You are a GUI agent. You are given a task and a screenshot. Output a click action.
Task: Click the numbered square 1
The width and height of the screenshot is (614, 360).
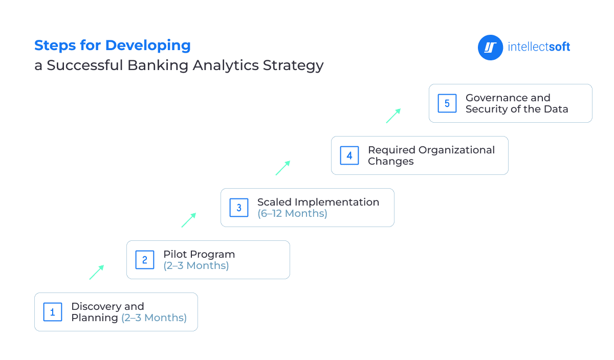53,312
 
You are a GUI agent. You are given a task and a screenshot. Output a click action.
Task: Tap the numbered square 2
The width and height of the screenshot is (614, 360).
145,260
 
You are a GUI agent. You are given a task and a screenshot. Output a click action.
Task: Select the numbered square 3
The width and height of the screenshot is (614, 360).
239,208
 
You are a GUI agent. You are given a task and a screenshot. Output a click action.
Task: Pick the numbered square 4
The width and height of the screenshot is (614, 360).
349,155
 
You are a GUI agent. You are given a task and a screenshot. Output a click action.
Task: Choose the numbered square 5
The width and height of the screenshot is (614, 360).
447,103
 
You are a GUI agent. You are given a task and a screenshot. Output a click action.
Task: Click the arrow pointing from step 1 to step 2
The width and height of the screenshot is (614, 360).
97,272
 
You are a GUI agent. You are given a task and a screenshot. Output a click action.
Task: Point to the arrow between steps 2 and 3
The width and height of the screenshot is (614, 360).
189,220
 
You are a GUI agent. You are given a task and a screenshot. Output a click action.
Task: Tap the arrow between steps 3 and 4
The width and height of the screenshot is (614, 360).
283,168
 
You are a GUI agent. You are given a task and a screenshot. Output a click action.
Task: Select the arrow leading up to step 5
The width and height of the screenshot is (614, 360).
393,116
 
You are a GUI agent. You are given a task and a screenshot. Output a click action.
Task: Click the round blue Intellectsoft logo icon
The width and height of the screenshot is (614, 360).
491,48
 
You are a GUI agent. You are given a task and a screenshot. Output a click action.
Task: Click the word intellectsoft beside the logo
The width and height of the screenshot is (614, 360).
539,47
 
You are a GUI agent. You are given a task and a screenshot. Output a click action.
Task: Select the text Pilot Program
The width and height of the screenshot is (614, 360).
199,254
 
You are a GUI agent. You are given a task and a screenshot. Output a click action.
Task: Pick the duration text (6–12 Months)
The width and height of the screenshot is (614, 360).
292,213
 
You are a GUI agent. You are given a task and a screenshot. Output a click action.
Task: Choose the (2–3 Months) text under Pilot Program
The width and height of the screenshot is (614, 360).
196,265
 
